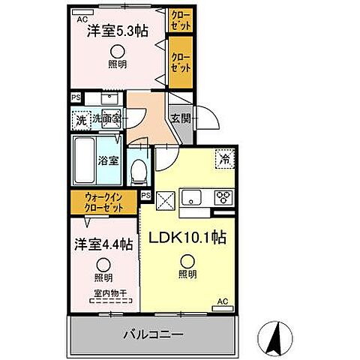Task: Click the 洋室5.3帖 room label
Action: coord(116,31)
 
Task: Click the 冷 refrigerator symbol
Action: coord(223,158)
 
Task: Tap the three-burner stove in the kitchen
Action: coord(223,198)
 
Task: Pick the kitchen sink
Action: coord(193,198)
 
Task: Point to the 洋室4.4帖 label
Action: coord(103,244)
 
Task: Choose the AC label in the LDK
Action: coord(222,301)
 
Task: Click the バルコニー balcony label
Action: coord(154,334)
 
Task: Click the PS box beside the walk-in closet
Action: coord(145,196)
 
